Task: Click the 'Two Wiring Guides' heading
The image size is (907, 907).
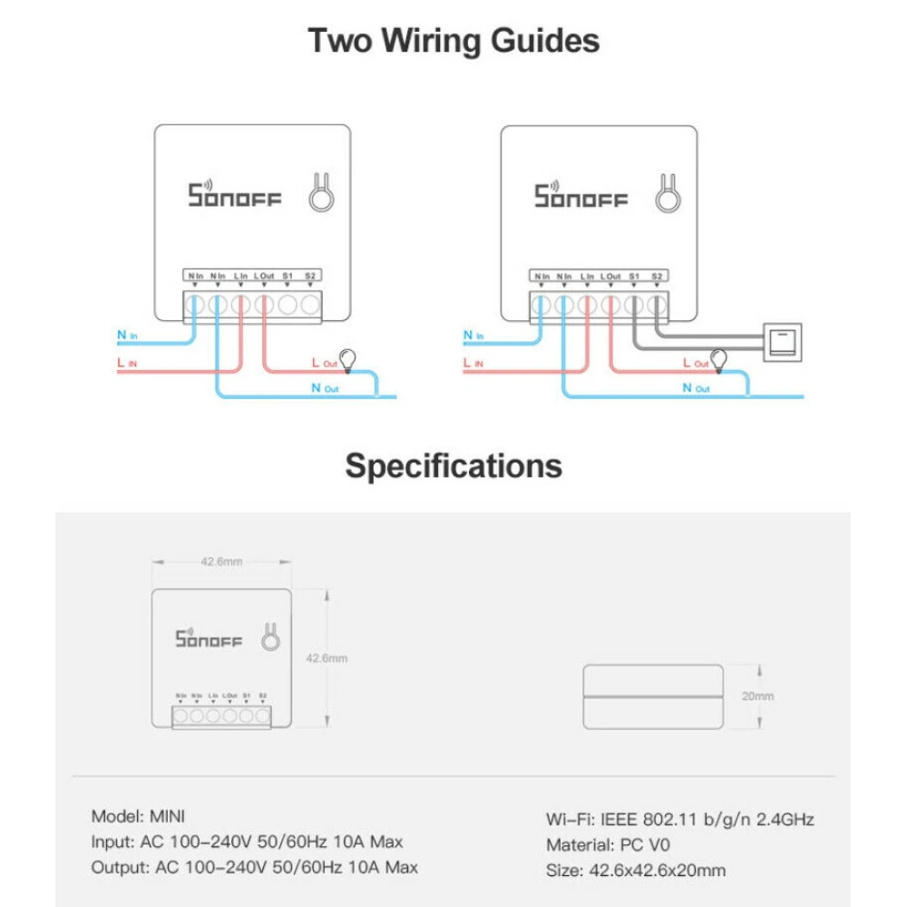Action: (453, 42)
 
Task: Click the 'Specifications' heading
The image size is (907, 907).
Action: (453, 465)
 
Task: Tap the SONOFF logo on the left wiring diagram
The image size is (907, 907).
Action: (235, 196)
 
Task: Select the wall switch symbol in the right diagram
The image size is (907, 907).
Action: (783, 341)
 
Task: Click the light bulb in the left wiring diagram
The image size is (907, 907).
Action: (347, 358)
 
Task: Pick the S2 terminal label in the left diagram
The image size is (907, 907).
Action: (310, 275)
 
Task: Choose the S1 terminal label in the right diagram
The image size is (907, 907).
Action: (634, 276)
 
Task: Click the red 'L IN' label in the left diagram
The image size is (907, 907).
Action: (127, 363)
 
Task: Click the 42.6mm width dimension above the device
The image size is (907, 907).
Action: (221, 562)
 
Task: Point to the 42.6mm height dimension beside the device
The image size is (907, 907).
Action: (327, 658)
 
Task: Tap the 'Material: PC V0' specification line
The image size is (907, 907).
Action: (608, 845)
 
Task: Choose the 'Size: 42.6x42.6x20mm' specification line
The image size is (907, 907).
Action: (635, 871)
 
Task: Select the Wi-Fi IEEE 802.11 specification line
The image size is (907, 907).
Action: (679, 819)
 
